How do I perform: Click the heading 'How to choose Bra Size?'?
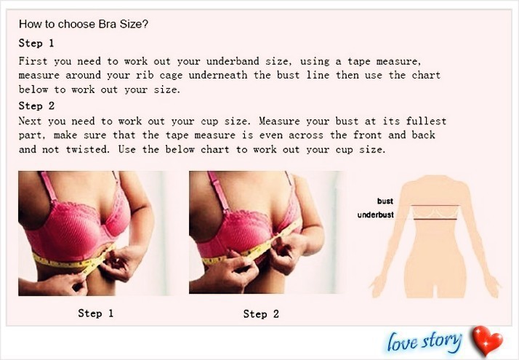tap(84, 24)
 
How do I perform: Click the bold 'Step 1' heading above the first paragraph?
tap(36, 43)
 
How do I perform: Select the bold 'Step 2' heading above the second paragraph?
tap(36, 106)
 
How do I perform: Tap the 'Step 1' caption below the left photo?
tap(96, 313)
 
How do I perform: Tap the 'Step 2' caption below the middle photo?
tap(261, 314)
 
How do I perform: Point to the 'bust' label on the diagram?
tap(385, 201)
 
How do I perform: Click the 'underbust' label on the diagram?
tap(376, 215)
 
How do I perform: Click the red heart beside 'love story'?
tap(488, 340)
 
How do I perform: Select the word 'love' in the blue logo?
tap(402, 341)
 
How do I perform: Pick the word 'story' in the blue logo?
tap(441, 341)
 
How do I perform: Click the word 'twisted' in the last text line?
tap(87, 149)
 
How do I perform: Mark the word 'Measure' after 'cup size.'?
tap(279, 121)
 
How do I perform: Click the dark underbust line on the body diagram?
tap(435, 219)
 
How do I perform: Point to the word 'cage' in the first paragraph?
tap(171, 76)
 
